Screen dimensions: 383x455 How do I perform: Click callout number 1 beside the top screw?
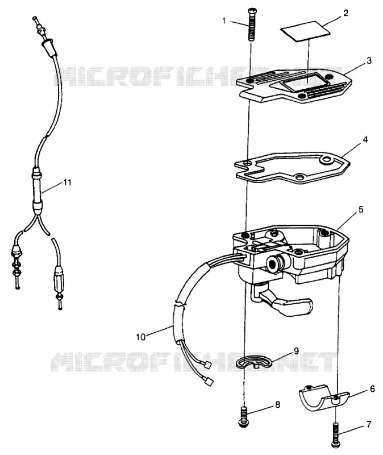point(224,20)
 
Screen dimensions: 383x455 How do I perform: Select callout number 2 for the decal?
point(345,13)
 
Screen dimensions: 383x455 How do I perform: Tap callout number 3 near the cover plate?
point(369,61)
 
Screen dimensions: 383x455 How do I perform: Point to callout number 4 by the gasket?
point(365,139)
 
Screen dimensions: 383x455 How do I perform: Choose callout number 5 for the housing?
point(361,209)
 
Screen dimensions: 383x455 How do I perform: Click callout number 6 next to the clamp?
point(372,388)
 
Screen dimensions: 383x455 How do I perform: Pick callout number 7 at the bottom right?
point(369,424)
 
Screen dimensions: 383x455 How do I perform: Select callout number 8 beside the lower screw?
point(277,404)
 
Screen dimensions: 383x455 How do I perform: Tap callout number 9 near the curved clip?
point(296,351)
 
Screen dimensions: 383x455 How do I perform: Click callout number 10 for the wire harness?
point(140,337)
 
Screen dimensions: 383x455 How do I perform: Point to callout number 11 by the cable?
point(67,182)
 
